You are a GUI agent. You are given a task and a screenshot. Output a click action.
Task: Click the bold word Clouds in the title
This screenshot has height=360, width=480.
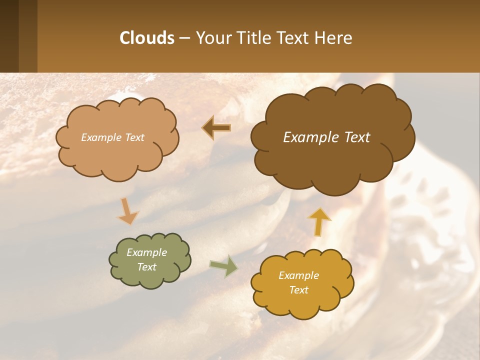[x=146, y=38]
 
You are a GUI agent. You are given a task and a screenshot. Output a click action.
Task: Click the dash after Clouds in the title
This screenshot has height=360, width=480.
[x=184, y=38]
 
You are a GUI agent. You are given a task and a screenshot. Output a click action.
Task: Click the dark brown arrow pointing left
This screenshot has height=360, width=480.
[x=216, y=128]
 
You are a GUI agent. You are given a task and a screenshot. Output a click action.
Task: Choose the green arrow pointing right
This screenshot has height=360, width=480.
[x=223, y=265]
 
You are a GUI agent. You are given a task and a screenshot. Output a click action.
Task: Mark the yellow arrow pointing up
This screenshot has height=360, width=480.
[x=319, y=221]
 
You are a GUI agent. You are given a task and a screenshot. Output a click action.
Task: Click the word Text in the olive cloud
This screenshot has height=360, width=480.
[x=147, y=267]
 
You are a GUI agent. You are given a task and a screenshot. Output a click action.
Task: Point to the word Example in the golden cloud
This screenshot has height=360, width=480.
[x=298, y=275]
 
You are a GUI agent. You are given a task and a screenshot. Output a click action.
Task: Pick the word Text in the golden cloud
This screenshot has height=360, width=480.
[x=299, y=290]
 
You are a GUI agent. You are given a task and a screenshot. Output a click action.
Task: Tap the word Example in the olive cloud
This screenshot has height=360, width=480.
[x=147, y=252]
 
